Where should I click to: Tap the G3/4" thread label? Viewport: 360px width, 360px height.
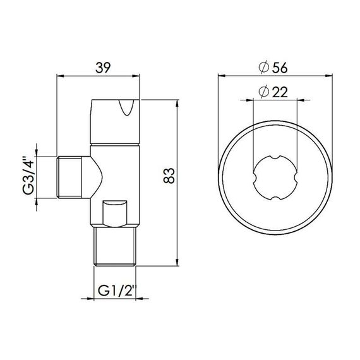[26, 179]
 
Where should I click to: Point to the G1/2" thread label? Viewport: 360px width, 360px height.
[117, 292]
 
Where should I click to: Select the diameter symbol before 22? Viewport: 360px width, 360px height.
[265, 92]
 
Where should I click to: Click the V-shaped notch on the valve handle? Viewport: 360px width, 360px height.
[127, 112]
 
